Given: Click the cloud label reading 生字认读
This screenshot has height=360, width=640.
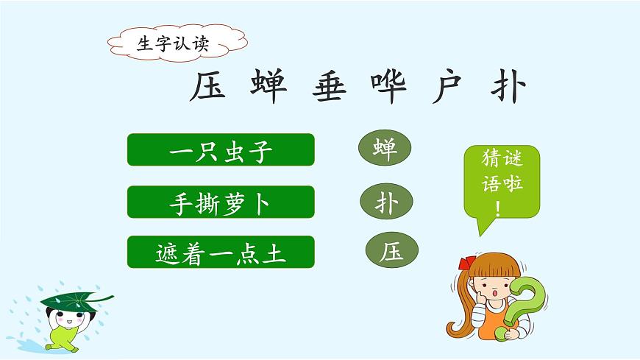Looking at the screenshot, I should click(x=174, y=43).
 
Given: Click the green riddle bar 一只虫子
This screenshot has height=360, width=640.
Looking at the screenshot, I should click(x=221, y=151).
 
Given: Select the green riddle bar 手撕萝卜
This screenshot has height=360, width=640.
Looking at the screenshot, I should click(x=221, y=202).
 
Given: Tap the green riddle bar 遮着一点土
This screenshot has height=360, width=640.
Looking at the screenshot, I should click(x=221, y=253).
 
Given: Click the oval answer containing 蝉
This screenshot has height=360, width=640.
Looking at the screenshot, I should click(x=385, y=149).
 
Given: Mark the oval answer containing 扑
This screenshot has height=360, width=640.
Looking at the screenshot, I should click(x=387, y=201).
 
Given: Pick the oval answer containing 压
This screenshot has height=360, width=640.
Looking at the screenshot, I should click(x=392, y=252).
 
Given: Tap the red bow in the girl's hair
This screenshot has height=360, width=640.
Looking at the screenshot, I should click(x=464, y=263).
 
